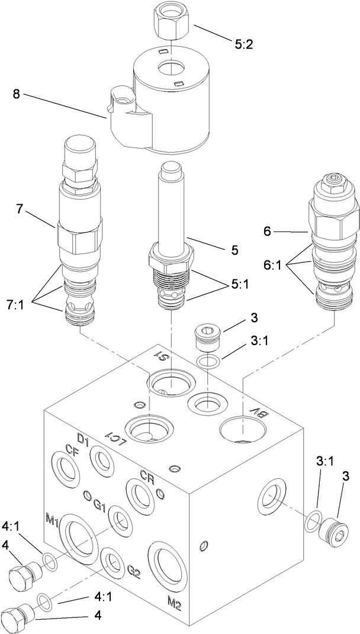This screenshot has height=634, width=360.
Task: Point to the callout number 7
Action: click(20, 210)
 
